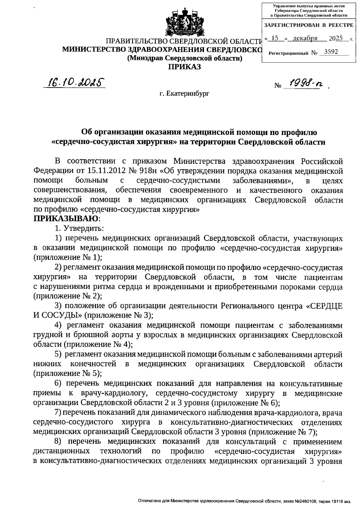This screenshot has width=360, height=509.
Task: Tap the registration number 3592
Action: (x=329, y=52)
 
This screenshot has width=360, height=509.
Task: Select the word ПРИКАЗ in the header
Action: (x=184, y=66)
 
